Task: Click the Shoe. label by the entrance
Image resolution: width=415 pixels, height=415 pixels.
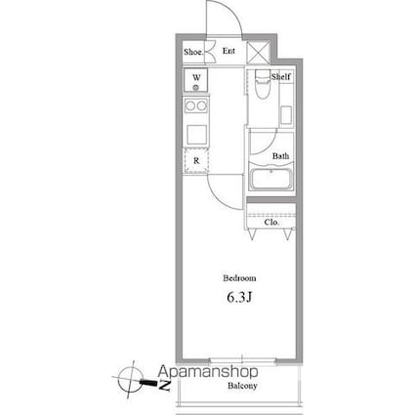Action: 193,52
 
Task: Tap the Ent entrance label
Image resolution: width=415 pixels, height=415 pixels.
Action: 228,51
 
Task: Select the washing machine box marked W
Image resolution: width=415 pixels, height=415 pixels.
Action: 195,80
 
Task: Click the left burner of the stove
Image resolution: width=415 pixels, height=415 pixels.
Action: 190,105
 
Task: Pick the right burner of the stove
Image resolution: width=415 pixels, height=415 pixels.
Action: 201,105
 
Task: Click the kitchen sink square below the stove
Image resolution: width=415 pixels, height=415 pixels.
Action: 196,135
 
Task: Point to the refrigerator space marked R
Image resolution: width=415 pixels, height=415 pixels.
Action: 196,160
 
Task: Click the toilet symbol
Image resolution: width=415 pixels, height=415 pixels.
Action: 263,84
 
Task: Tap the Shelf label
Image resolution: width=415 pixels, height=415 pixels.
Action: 281,77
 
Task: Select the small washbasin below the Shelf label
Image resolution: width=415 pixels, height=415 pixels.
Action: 286,115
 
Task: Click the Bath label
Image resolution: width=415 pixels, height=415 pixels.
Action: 280,156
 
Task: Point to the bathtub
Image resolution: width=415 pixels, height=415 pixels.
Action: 270,177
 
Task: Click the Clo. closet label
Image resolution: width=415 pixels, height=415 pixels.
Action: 271,223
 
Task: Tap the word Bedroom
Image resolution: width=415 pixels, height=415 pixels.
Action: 239,278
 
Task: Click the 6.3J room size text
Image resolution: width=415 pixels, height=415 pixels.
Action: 239,297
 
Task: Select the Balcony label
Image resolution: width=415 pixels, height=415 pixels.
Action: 242,386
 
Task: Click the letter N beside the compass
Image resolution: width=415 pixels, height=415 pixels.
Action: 165,386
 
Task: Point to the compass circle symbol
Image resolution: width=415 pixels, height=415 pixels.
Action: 131,380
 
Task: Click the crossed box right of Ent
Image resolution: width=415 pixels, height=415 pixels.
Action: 259,53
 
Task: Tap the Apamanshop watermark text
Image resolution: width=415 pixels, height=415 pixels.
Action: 208,372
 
